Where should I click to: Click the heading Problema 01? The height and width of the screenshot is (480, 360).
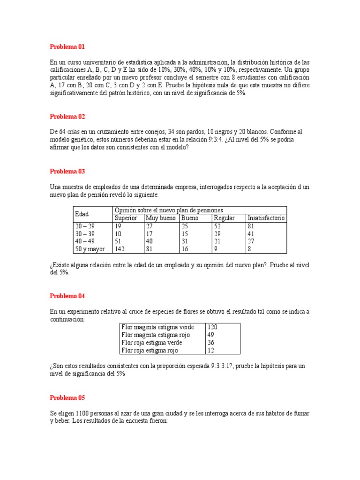tap(67, 47)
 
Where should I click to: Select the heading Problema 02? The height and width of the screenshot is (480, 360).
tap(67, 117)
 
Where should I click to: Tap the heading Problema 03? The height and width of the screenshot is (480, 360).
tap(67, 172)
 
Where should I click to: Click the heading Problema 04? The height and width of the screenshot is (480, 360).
tap(67, 296)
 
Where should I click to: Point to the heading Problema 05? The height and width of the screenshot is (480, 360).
tap(67, 398)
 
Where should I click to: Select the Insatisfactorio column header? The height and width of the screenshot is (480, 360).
tap(266, 218)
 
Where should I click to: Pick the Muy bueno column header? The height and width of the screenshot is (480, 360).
tap(161, 218)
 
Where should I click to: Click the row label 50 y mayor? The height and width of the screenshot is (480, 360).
tap(90, 249)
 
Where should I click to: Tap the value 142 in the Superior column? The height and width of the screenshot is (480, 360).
tap(120, 249)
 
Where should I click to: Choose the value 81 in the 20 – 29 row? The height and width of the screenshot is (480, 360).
tap(251, 226)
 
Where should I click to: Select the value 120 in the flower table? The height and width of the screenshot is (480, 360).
tap(212, 327)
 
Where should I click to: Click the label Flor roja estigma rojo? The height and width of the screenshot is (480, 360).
tap(150, 350)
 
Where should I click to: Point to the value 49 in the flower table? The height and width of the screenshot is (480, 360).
tap(210, 335)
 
